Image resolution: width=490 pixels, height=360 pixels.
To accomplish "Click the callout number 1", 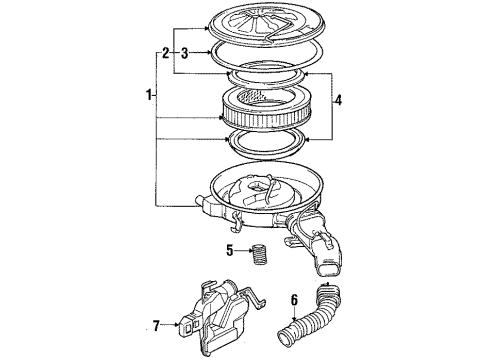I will (x=149, y=96).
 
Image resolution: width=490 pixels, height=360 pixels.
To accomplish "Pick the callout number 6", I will (x=295, y=297).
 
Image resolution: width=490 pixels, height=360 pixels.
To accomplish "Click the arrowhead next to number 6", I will (x=297, y=316).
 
